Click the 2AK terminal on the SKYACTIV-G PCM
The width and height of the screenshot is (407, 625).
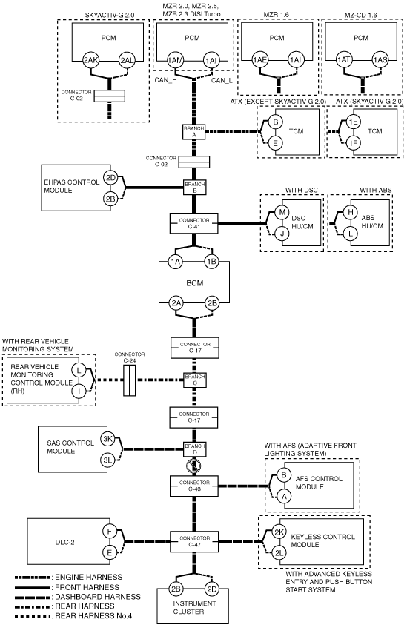(91, 60)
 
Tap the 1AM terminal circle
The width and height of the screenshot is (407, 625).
(175, 60)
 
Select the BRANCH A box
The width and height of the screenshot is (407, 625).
(194, 131)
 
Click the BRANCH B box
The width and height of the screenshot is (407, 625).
(194, 188)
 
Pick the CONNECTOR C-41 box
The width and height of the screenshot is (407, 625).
(194, 223)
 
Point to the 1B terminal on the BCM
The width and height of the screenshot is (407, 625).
(212, 262)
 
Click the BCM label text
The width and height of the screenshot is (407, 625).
(194, 283)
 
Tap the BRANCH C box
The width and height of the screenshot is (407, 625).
(194, 380)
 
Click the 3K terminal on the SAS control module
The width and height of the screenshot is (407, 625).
(107, 439)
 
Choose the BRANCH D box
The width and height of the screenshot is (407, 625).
(194, 449)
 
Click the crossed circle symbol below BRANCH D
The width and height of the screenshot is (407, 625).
(193, 466)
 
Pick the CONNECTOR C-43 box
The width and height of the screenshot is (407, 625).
(194, 486)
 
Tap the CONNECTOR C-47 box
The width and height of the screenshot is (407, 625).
(194, 541)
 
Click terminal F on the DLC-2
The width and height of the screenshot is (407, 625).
(110, 532)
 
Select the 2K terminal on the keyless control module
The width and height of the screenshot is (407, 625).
(279, 532)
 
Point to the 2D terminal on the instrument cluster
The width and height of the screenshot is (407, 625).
(212, 589)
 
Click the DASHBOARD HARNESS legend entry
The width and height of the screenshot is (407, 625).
(78, 597)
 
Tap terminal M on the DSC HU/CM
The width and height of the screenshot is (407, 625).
(282, 212)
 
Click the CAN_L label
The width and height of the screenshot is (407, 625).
(222, 81)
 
